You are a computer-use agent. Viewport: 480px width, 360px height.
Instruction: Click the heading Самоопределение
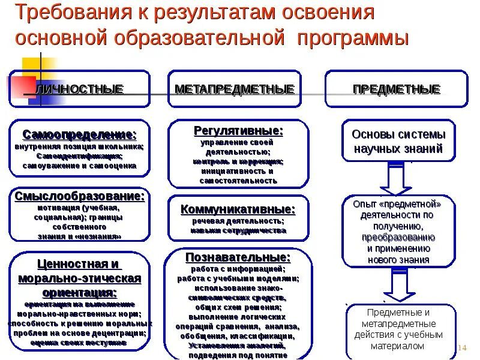[x=80, y=134]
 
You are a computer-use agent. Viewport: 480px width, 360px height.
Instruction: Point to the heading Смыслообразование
[x=80, y=196]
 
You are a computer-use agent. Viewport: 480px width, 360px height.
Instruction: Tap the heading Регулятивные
[x=238, y=130]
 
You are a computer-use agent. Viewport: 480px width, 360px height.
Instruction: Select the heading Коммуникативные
[x=238, y=209]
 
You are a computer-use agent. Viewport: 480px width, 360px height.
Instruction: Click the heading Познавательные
[x=238, y=257]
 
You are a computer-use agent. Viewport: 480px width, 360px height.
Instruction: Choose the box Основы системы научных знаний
[x=398, y=142]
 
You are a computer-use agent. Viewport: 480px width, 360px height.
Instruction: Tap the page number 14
[x=462, y=349]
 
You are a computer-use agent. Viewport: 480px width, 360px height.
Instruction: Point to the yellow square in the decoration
[x=33, y=66]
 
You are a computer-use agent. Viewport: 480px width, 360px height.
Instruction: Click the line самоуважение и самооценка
[x=80, y=165]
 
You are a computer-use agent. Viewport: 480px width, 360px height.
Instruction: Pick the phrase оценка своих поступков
[x=80, y=343]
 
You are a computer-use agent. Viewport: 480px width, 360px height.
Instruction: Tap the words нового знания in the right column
[x=398, y=259]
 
